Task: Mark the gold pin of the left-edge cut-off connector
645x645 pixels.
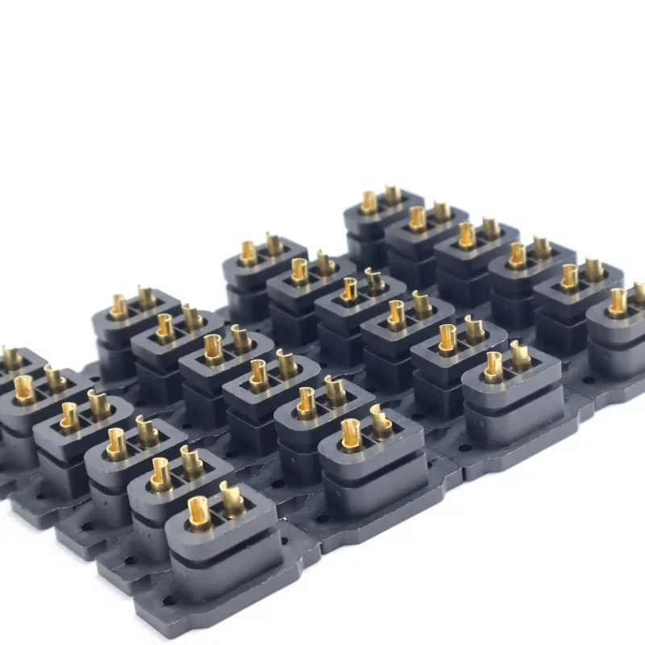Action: click(11, 357)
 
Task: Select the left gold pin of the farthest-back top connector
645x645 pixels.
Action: click(368, 202)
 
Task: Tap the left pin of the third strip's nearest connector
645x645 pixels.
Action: click(493, 367)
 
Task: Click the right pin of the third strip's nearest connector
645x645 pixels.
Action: click(520, 356)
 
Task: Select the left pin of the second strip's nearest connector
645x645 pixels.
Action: click(351, 434)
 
